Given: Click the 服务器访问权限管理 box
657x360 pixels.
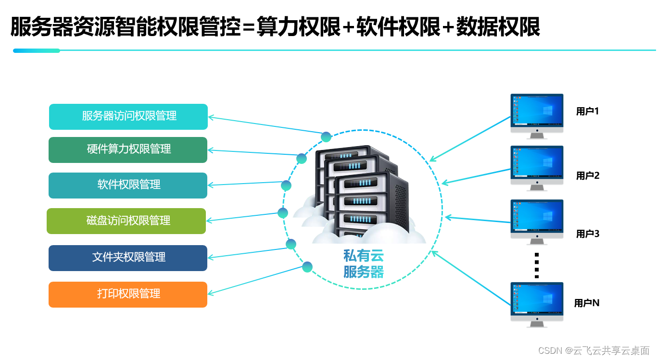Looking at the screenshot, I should point(128,117).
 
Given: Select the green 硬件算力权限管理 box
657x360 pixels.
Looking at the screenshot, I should point(128,149).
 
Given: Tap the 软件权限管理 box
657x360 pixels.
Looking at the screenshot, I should point(128,185).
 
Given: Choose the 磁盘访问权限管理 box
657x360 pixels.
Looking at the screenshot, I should point(126,221).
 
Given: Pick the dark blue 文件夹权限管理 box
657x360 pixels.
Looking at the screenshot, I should point(128,258).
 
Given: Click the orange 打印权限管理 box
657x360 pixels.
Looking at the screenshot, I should point(128,294).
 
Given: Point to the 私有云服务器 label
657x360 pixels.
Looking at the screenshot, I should point(364,264).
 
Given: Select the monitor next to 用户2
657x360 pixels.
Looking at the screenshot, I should point(537,166).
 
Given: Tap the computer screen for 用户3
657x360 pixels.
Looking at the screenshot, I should point(537,220).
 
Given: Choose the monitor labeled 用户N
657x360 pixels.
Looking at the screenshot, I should point(537,302).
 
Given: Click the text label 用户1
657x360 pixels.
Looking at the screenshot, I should point(587,112).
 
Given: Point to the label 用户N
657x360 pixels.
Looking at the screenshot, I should point(587,303).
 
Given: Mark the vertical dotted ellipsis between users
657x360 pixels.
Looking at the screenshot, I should point(537,265).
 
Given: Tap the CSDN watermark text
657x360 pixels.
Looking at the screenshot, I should point(594,350).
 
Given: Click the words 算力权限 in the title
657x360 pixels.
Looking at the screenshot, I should point(299,27).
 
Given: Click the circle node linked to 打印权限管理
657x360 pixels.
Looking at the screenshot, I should point(308,267).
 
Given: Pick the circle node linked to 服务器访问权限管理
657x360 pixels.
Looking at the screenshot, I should point(326,137).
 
